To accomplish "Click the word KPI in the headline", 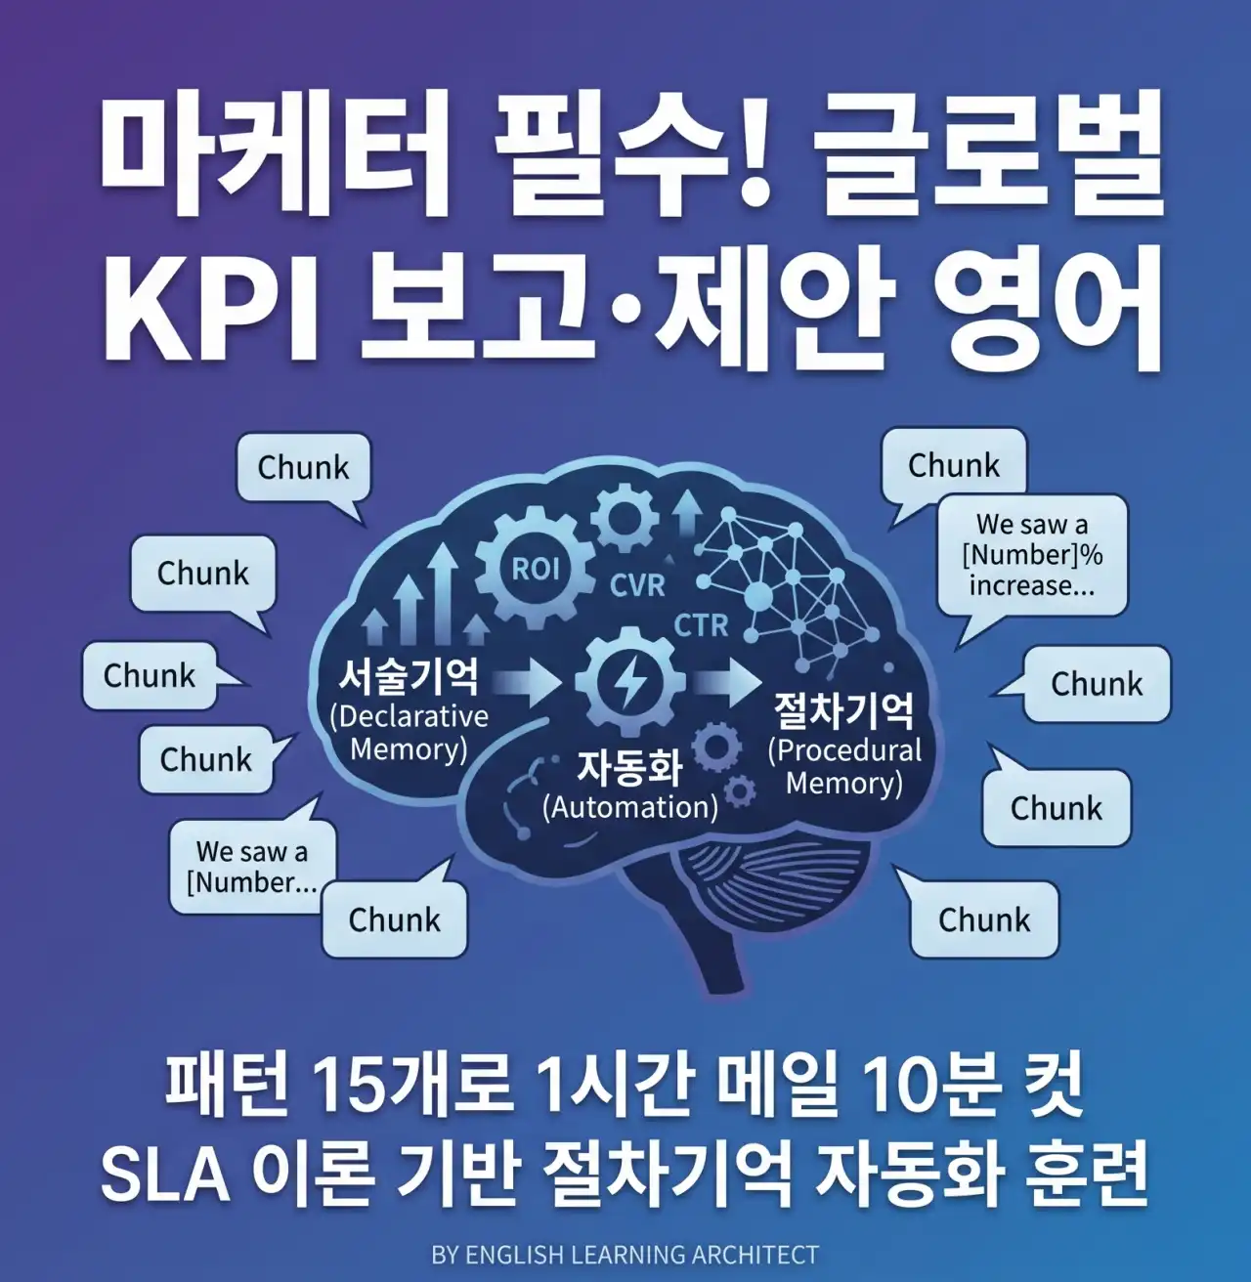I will click(211, 307).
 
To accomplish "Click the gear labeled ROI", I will click(535, 569).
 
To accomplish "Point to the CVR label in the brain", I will click(637, 586).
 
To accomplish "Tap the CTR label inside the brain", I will click(701, 625).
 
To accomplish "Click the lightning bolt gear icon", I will click(630, 681).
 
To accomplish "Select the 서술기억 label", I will click(409, 675).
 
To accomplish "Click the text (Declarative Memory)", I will click(409, 733).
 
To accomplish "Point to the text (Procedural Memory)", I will click(844, 767).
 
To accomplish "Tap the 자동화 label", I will click(629, 767).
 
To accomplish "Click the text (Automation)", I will click(630, 807).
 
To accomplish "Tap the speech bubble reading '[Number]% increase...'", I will click(1031, 555).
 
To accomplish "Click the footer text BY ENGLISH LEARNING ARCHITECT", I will click(625, 1255).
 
